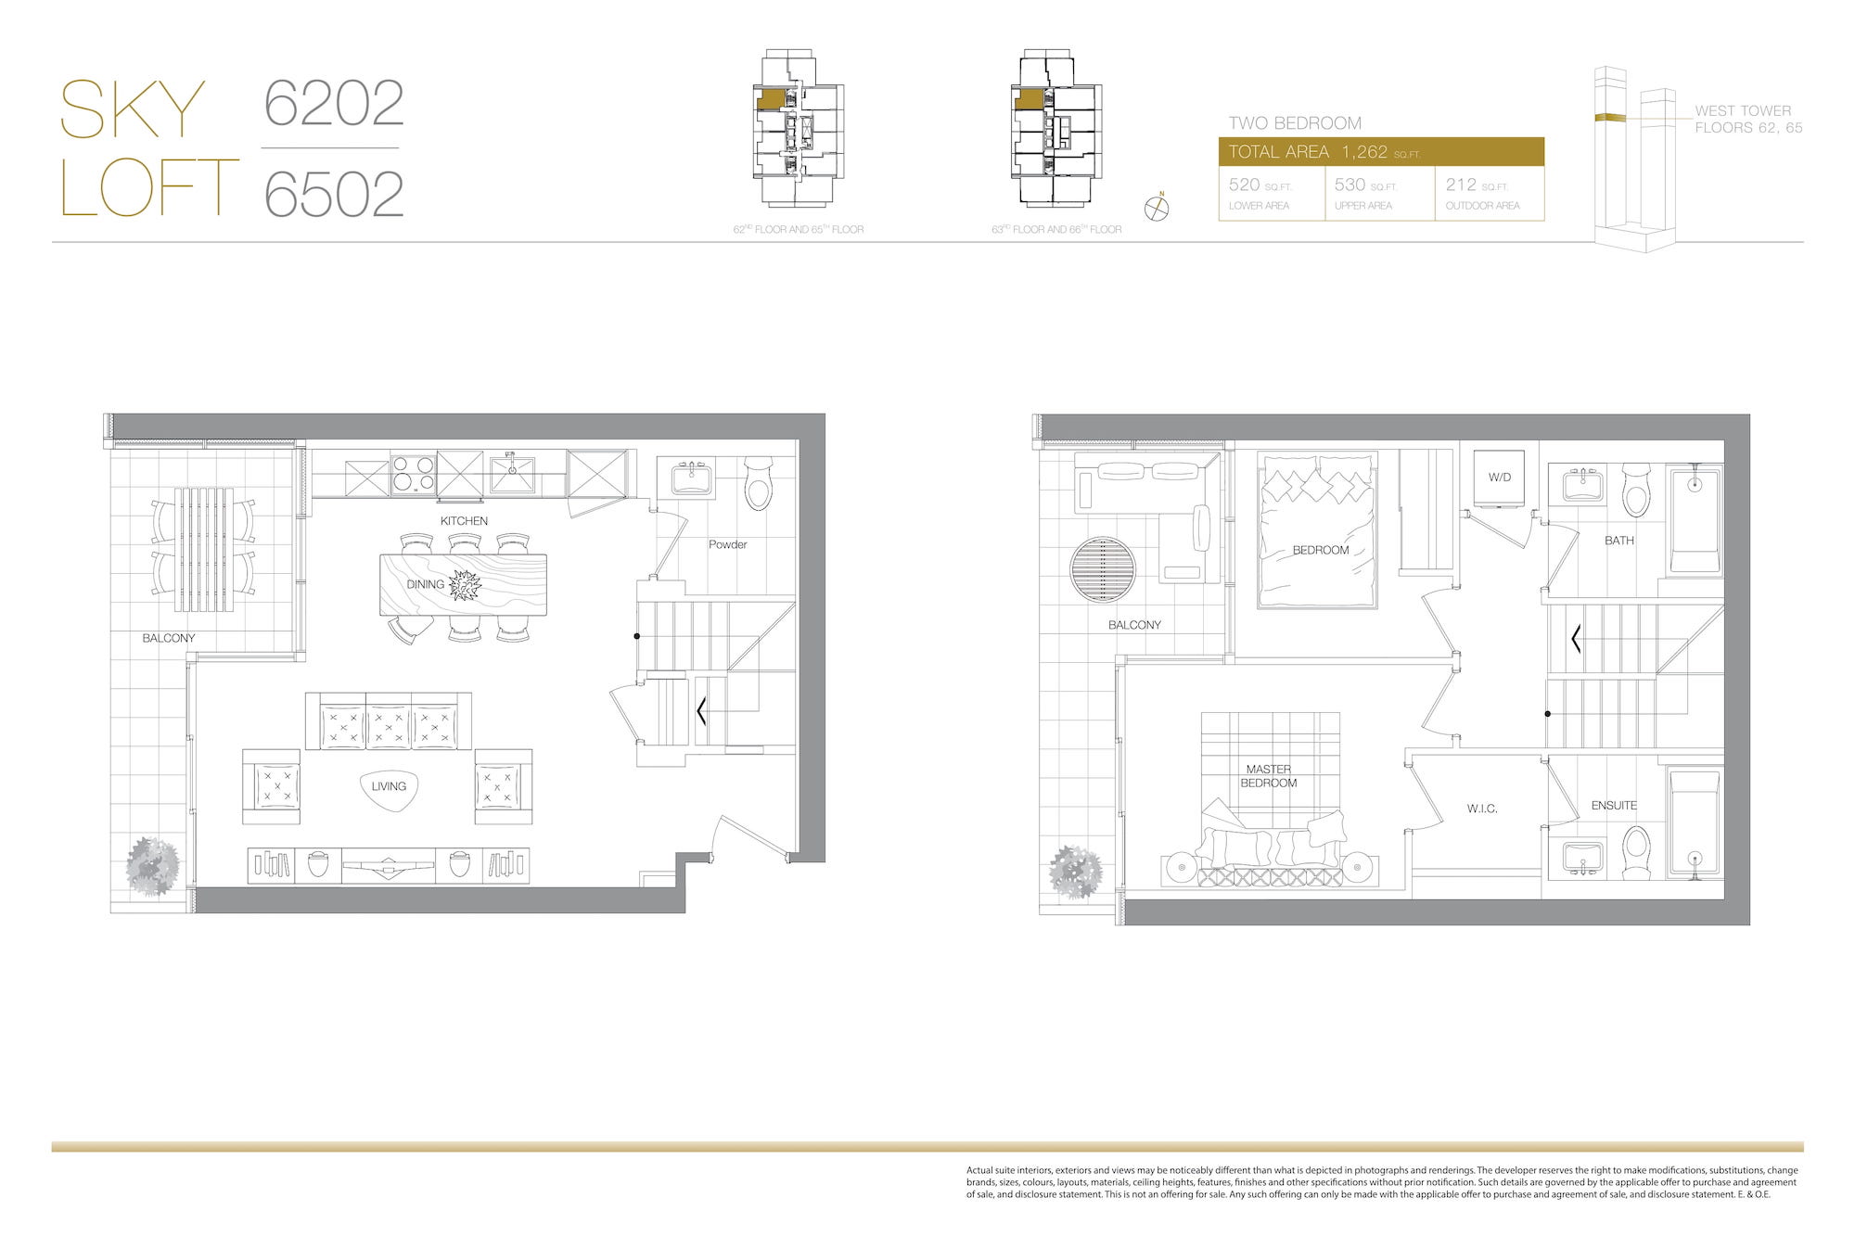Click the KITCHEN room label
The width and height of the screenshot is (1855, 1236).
(x=464, y=521)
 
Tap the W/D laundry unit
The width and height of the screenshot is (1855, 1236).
(x=1499, y=478)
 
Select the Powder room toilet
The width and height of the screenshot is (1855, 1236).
(x=759, y=481)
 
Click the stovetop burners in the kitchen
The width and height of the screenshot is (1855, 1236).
(x=414, y=475)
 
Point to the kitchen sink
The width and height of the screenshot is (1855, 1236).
(x=512, y=475)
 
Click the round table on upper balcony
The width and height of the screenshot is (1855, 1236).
(x=1102, y=570)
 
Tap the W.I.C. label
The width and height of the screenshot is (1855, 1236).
(x=1482, y=809)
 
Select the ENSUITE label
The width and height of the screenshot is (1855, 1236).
(x=1614, y=806)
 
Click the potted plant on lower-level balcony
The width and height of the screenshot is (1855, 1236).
(x=153, y=867)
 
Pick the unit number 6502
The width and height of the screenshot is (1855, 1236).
(x=334, y=194)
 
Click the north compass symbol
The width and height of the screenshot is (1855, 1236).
(x=1157, y=208)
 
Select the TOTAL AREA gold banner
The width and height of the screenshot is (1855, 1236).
(x=1381, y=152)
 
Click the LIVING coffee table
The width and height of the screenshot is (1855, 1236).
(x=389, y=789)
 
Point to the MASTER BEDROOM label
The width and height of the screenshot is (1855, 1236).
(x=1269, y=776)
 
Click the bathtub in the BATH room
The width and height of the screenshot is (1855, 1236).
(x=1695, y=521)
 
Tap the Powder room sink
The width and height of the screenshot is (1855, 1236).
(x=691, y=478)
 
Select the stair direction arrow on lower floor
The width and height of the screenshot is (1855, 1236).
(x=701, y=711)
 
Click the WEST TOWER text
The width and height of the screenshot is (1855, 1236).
(x=1743, y=110)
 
